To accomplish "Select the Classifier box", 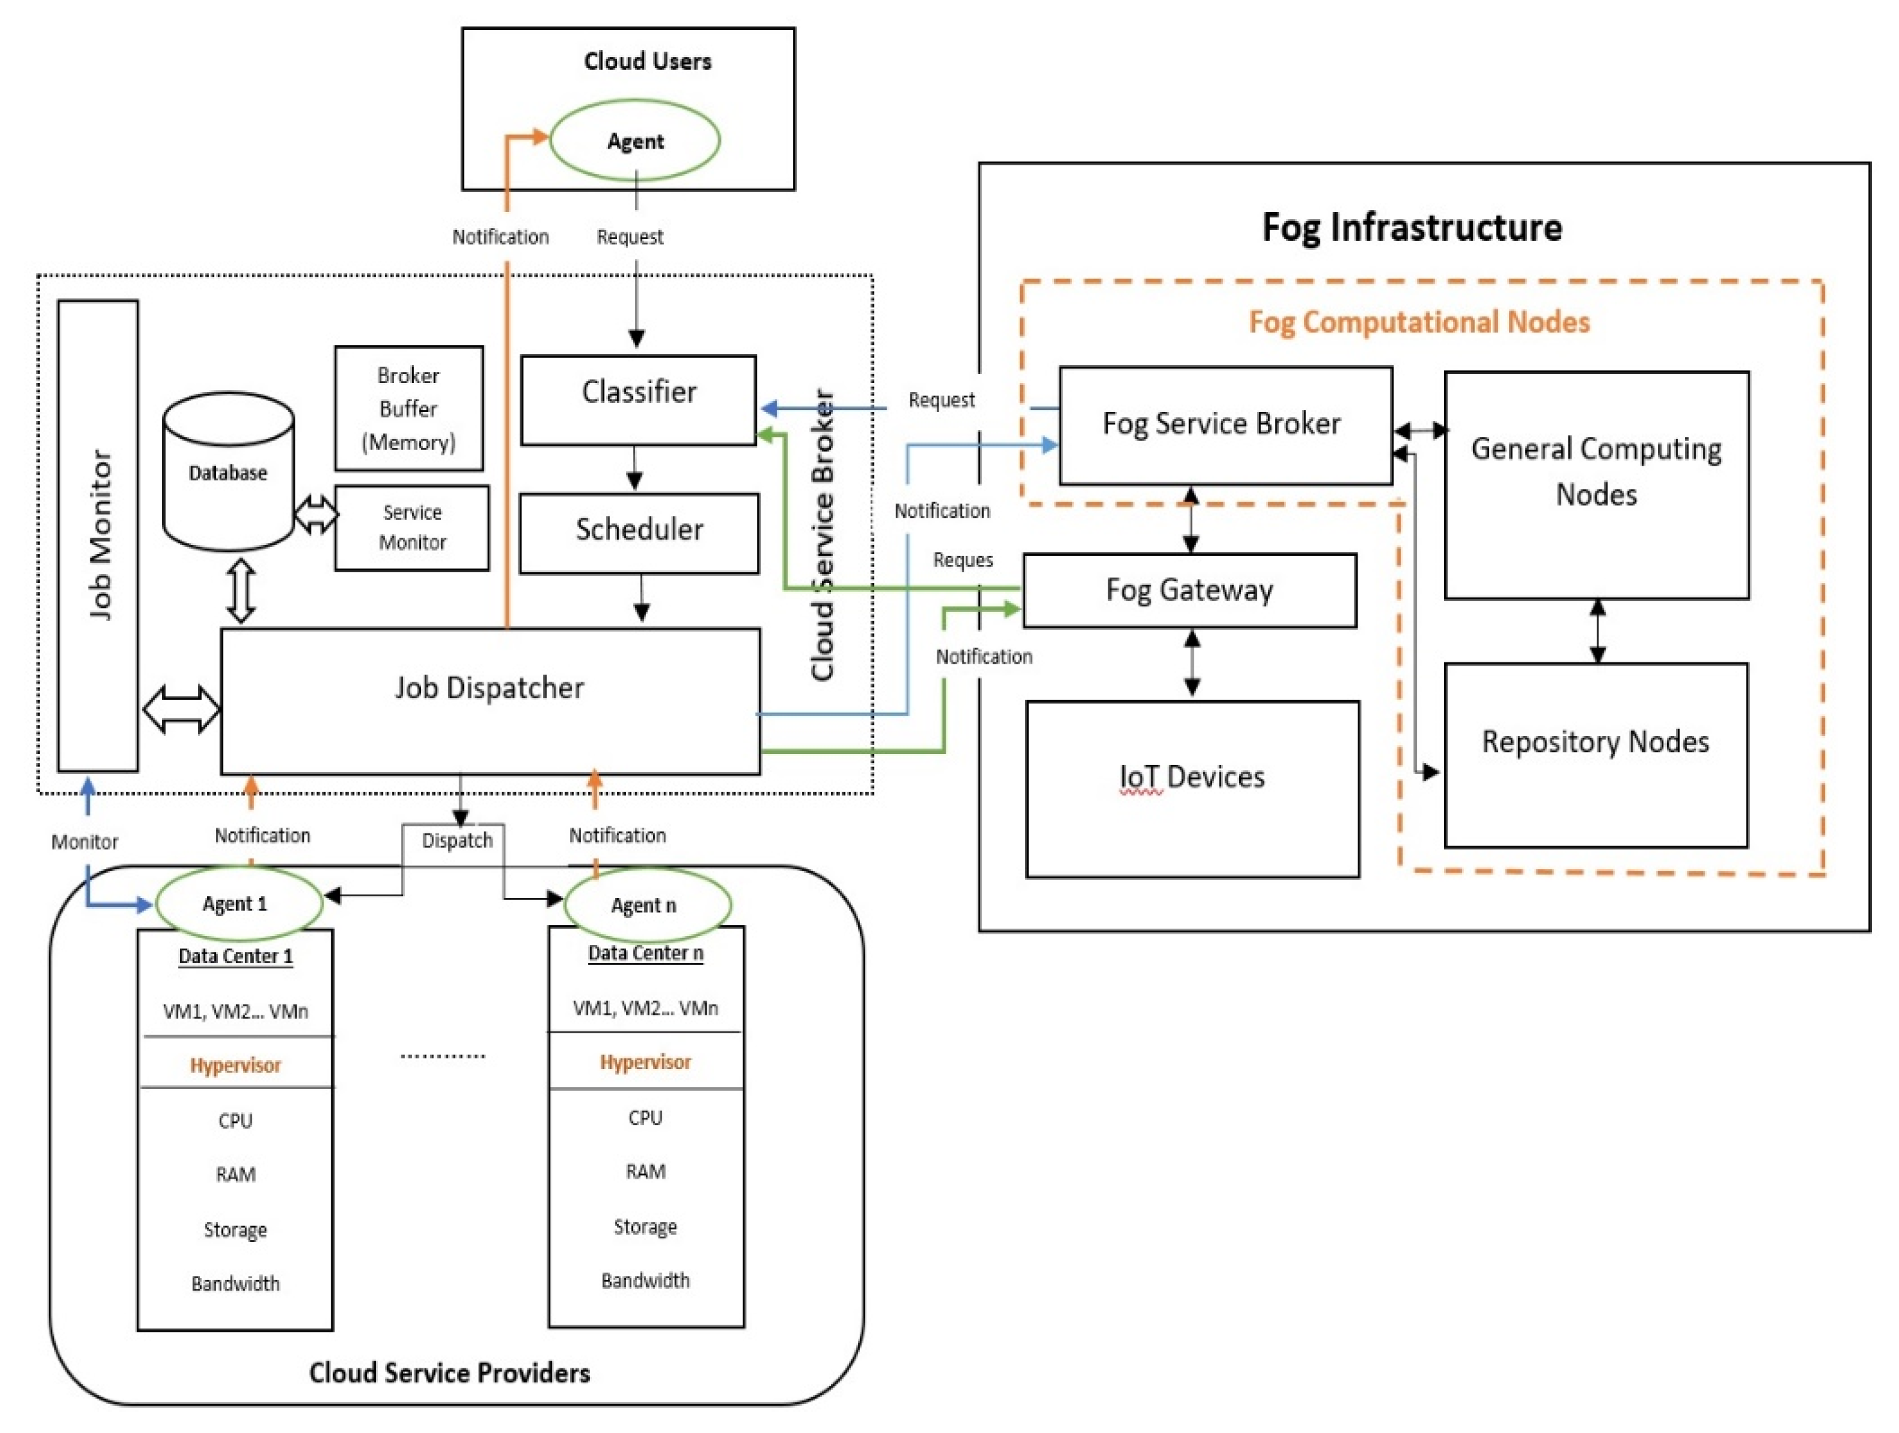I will (x=638, y=400).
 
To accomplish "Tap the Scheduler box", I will (x=639, y=532).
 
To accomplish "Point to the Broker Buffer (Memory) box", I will (x=409, y=409).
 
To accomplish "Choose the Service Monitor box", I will (x=412, y=528).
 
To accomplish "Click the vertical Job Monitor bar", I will (x=98, y=536).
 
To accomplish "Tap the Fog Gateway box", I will (x=1189, y=591).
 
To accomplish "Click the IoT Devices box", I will (x=1192, y=788).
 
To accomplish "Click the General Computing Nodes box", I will (x=1596, y=485).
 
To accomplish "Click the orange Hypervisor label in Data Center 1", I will (x=235, y=1065).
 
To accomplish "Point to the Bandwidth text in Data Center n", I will (x=646, y=1280).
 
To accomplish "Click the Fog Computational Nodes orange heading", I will (x=1419, y=322).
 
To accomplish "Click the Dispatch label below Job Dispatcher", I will (x=457, y=840).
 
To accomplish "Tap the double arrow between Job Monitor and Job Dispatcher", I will (x=181, y=709).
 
